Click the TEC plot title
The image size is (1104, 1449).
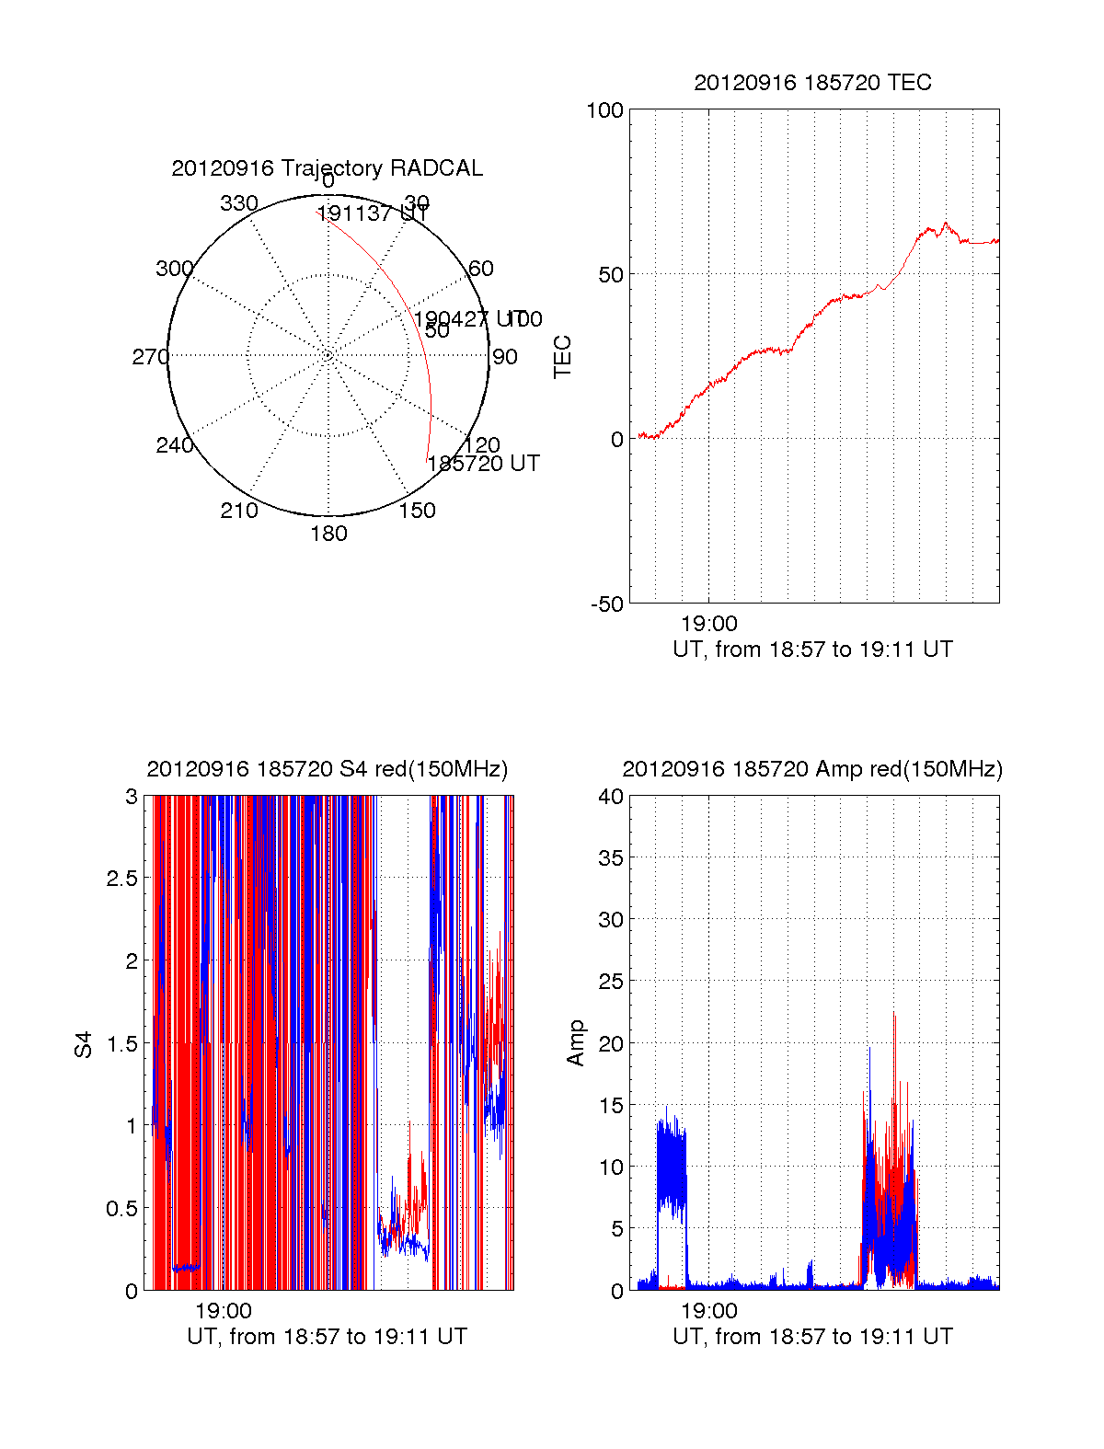[x=812, y=83]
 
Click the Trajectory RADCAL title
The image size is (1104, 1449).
[x=327, y=168]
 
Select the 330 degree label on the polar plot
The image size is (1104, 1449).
[x=239, y=203]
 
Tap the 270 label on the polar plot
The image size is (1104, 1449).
[x=150, y=357]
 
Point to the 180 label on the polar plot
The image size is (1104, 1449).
[x=328, y=534]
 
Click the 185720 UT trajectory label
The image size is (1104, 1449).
[x=483, y=464]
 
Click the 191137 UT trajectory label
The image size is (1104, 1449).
[x=373, y=213]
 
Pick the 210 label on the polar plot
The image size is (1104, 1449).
[x=239, y=511]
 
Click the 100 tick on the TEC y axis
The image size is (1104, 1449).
[x=604, y=110]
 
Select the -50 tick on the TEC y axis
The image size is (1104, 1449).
[x=607, y=604]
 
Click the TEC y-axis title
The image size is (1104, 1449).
[x=562, y=357]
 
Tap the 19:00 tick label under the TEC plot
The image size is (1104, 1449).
[x=708, y=624]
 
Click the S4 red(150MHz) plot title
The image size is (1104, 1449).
[x=327, y=769]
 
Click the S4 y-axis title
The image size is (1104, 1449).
[x=84, y=1044]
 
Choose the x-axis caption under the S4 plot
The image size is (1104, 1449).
[x=327, y=1337]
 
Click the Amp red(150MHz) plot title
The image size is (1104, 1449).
[x=812, y=769]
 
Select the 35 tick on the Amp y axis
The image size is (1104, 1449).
[x=611, y=858]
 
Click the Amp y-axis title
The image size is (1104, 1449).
[x=576, y=1043]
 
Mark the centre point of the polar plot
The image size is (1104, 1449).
[x=328, y=356]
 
